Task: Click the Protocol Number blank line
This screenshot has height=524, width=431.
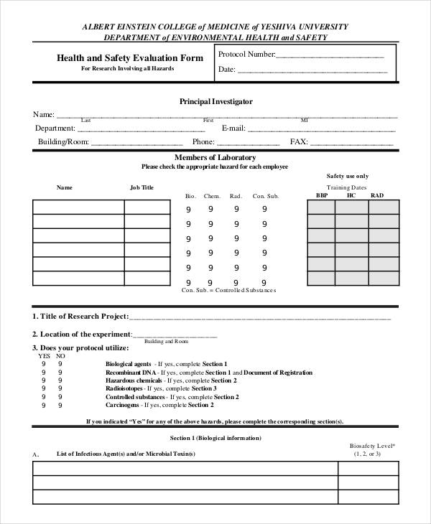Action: pos(330,55)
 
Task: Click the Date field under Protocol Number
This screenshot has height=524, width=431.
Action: pos(312,71)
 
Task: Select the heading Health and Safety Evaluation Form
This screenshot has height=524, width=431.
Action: pos(130,58)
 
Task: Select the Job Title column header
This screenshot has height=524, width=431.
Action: pos(142,187)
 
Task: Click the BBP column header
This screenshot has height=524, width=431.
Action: pos(322,195)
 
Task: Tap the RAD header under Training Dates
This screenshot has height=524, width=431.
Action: pos(377,195)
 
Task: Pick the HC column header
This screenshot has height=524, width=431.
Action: pos(351,195)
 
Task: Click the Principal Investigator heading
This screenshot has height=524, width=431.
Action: pos(215,102)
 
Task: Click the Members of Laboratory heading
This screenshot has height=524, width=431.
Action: pos(215,157)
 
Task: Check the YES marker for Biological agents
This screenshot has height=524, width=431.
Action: pos(43,364)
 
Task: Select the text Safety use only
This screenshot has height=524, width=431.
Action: pos(348,176)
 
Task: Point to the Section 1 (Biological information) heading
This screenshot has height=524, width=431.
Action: pos(215,437)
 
